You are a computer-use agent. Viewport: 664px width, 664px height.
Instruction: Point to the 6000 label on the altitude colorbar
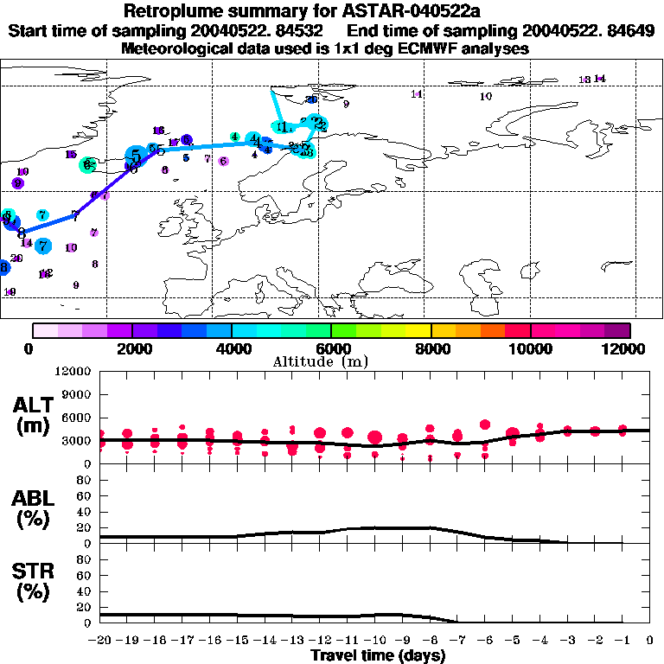pos(331,348)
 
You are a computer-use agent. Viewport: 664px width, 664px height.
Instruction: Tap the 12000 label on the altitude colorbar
pos(629,348)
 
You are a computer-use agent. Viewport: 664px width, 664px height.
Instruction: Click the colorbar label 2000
pos(131,348)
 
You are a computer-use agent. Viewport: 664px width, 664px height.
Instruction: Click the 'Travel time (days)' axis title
pos(376,656)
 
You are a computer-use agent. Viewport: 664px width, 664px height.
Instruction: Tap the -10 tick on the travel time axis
pos(374,641)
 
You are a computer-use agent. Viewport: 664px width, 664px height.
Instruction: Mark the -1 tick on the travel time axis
pos(621,641)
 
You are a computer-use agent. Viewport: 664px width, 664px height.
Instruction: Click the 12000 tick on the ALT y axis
pos(73,372)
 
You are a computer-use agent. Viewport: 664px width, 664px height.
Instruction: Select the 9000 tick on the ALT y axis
pos(77,395)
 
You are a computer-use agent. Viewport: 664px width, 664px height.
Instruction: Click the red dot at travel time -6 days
pos(485,425)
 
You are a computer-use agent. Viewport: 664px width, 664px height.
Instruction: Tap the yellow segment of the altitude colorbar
pos(418,330)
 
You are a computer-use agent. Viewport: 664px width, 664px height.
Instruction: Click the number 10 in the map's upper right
pos(485,97)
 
